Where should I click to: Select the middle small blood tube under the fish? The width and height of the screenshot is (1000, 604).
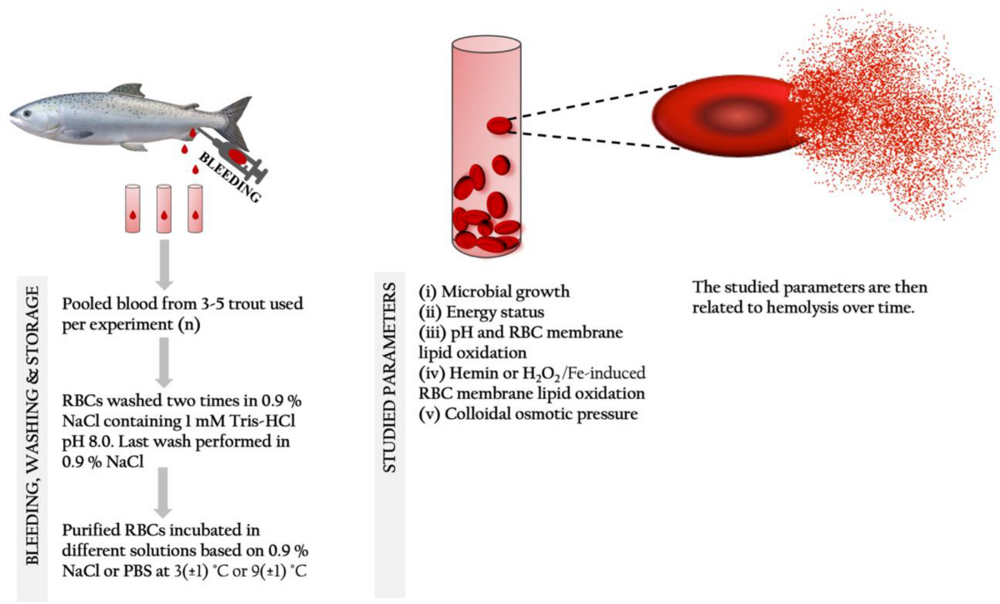[x=165, y=208]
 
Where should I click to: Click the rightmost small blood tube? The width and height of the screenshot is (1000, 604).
[x=196, y=208]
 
